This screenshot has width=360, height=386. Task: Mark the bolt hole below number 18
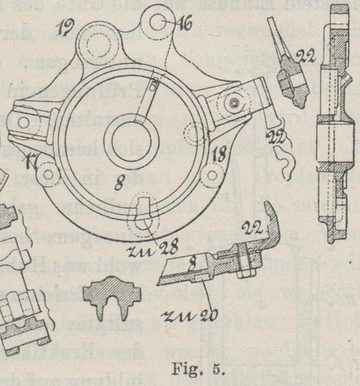pos(213,174)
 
